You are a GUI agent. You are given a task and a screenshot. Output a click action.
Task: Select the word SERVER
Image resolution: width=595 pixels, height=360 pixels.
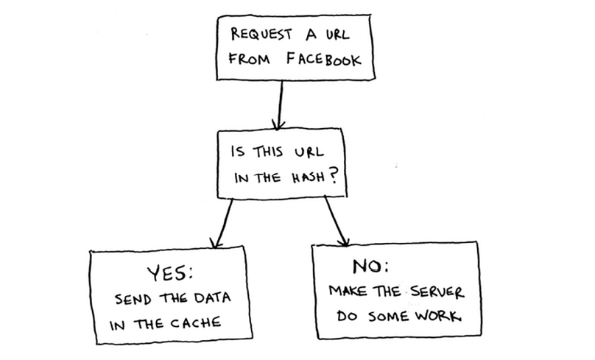[434, 292]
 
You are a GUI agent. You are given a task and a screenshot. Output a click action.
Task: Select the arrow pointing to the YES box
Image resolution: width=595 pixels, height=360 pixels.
[224, 223]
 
